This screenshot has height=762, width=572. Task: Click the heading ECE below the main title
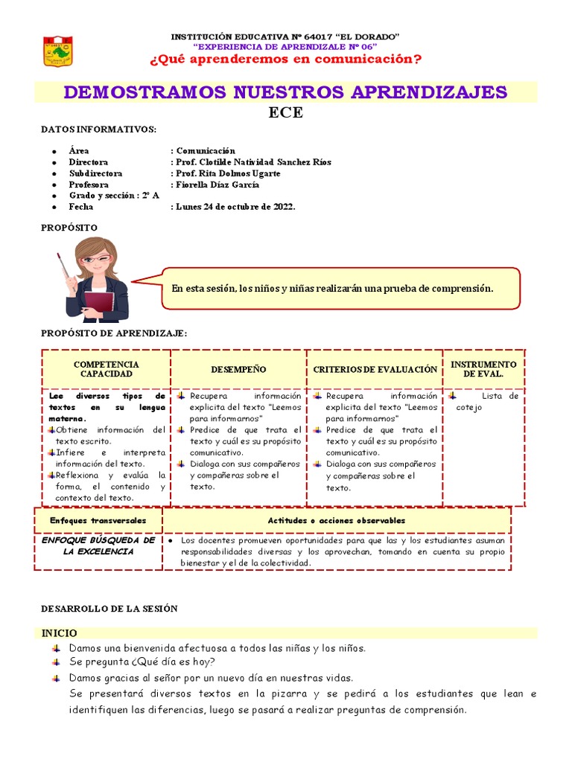286,113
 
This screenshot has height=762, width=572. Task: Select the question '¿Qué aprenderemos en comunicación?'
285,59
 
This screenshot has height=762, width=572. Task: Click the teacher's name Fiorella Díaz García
217,185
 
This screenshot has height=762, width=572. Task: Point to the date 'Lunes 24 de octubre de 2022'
235,207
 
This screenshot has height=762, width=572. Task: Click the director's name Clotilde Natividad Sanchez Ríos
253,162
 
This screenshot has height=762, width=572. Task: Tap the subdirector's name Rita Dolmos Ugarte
228,173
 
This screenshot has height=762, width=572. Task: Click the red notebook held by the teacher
98,302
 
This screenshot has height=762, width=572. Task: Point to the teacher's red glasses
96,260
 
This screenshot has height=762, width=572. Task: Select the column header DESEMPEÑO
238,370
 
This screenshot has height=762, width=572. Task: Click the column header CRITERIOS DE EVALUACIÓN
375,370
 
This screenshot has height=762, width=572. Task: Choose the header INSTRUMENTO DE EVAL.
483,369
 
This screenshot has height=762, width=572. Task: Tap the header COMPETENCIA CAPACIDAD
107,369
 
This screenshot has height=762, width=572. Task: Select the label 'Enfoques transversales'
98,520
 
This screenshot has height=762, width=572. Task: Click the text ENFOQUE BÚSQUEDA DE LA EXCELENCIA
98,545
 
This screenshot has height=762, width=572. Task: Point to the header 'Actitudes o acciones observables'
337,520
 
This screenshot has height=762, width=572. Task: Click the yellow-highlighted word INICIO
59,633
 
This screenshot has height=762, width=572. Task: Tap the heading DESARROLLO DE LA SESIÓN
109,609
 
